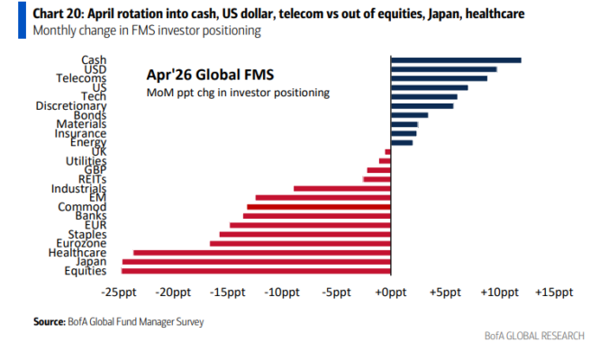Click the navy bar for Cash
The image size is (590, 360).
pos(456,59)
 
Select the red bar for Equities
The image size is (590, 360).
pos(257,271)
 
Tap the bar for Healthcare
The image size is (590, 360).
pos(262,252)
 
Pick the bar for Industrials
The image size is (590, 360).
pos(342,188)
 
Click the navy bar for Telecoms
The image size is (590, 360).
pos(439,78)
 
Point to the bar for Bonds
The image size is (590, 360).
pos(409,115)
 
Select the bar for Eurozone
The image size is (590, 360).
pos(301,243)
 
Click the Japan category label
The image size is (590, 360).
pos(91,262)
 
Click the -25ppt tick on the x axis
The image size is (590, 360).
pos(118,293)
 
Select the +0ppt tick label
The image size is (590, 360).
pos(390,293)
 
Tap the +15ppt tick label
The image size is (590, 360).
pos(553,293)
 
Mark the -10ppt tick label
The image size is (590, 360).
pos(281,293)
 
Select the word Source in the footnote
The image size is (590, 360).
pos(49,320)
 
